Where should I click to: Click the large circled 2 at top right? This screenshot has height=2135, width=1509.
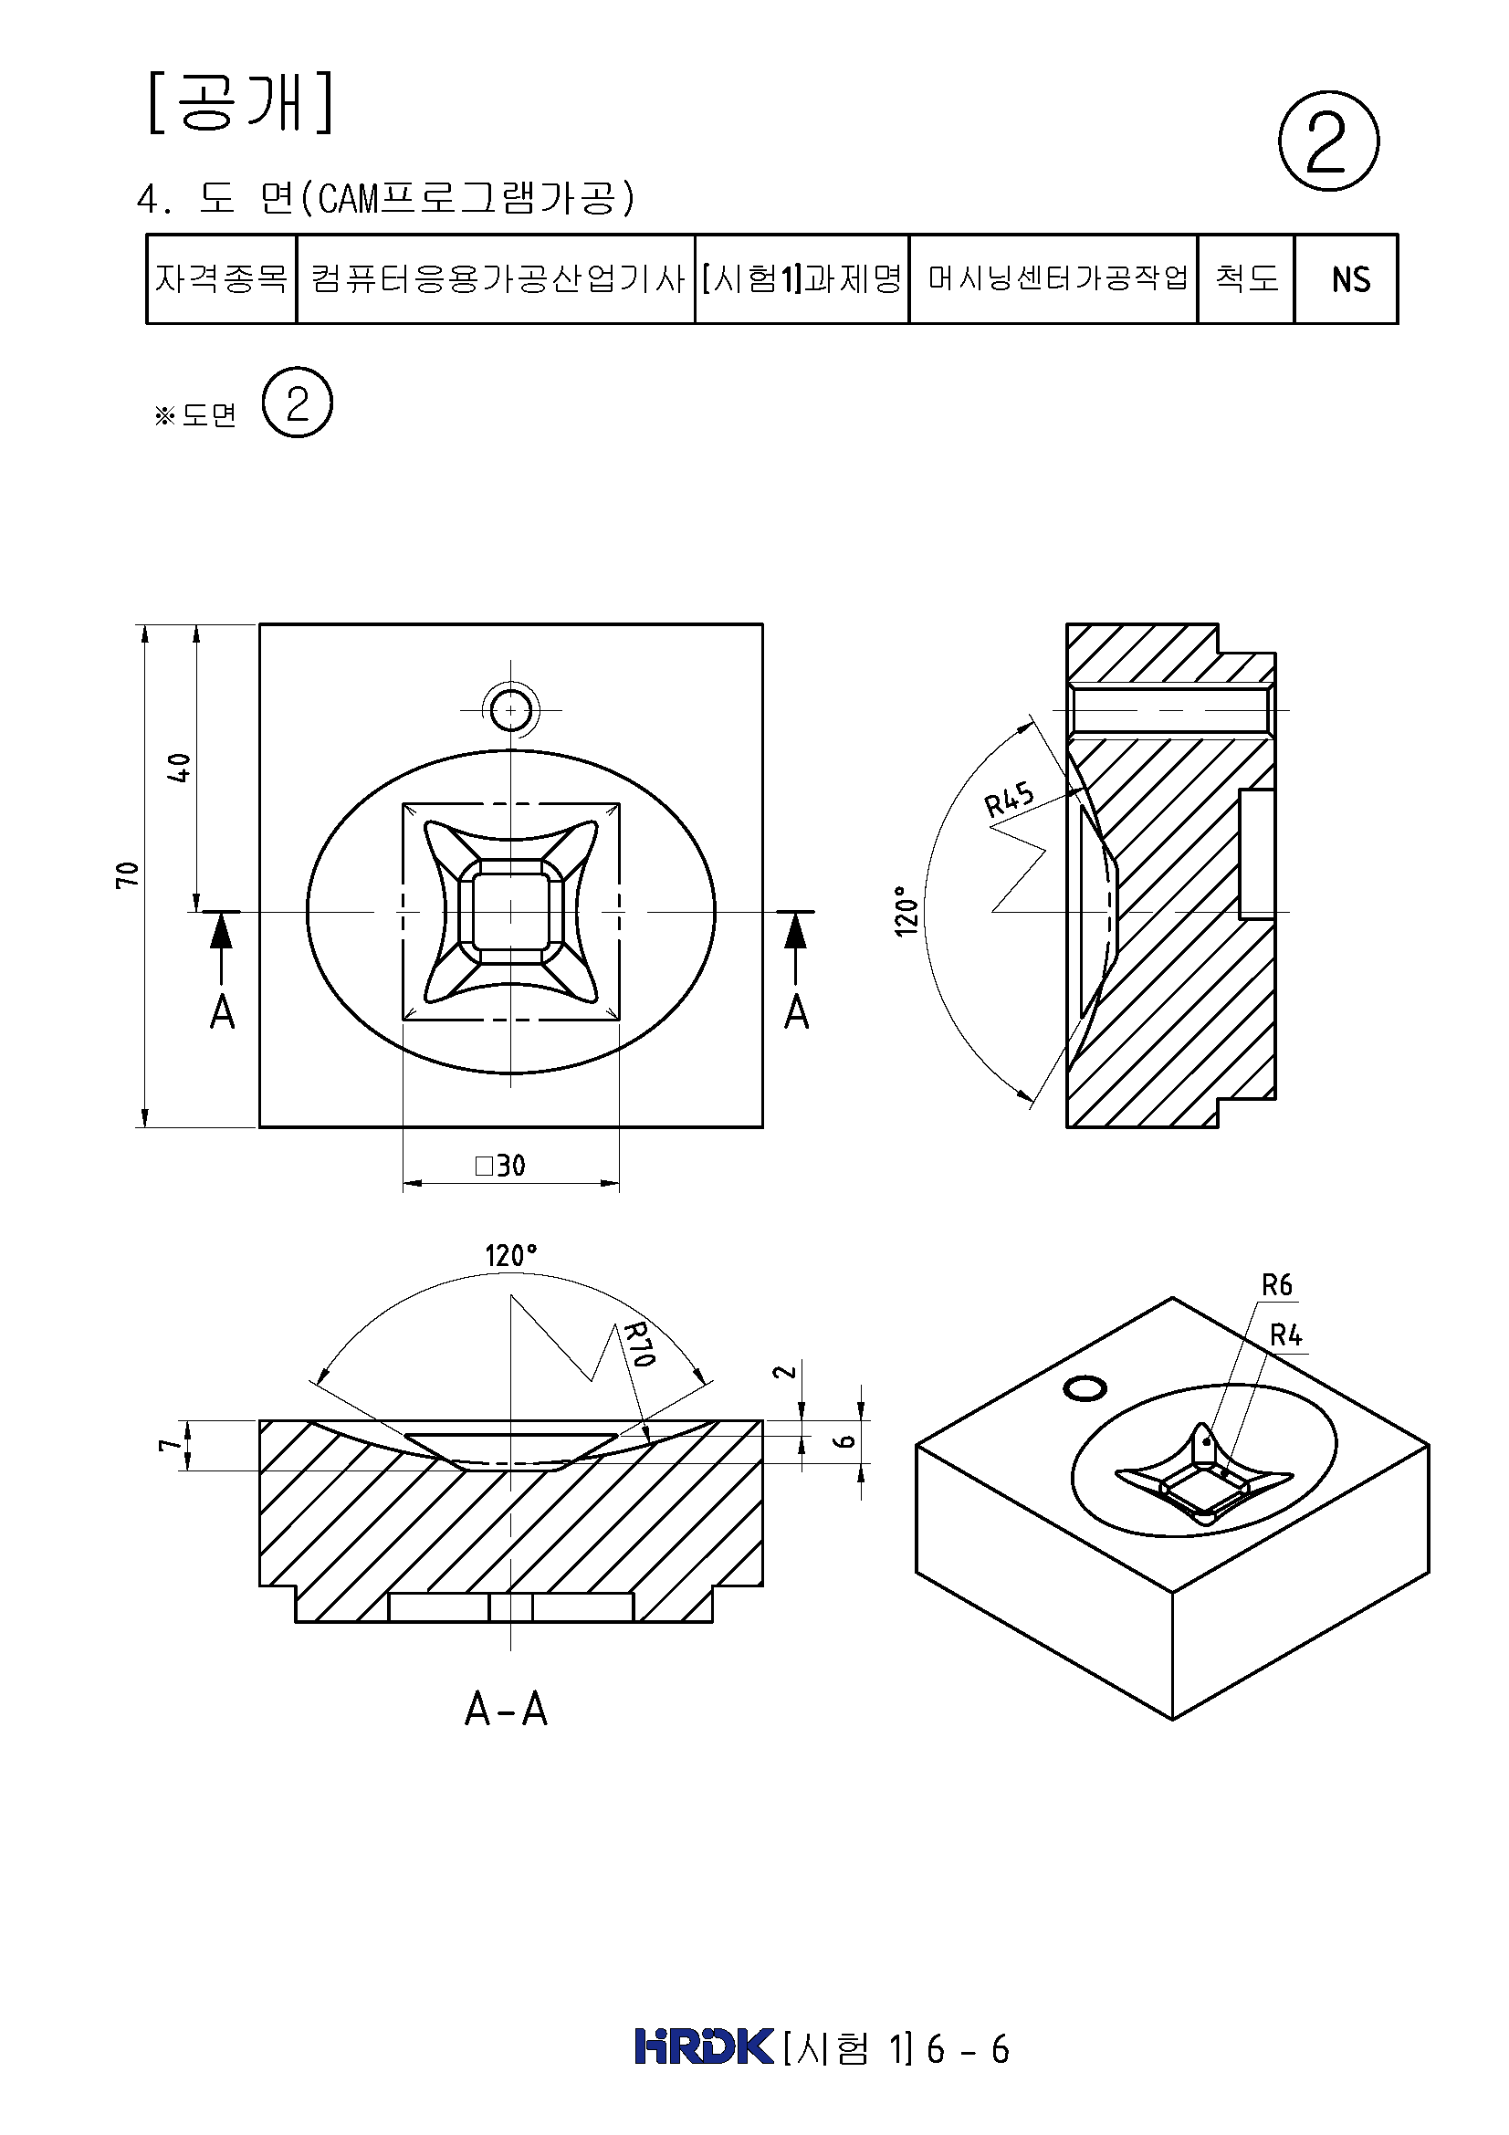coord(1327,141)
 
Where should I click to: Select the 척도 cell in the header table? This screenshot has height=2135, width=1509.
coord(1246,279)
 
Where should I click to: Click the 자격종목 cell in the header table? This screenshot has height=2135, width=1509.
coord(221,279)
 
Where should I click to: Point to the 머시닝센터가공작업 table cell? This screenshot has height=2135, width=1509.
coord(1053,279)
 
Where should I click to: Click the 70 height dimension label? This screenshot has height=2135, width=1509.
coord(127,874)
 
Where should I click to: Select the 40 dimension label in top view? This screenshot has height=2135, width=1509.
coord(179,767)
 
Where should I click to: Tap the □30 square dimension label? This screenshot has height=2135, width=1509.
coord(500,1165)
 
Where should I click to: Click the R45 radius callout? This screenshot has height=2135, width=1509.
coord(1009,799)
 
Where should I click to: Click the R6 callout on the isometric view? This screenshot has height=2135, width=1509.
coord(1276,1285)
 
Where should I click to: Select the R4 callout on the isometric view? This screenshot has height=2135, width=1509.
coord(1286,1336)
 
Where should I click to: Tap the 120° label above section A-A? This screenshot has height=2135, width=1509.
coord(510,1255)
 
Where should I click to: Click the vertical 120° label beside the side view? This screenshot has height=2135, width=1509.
coord(906,910)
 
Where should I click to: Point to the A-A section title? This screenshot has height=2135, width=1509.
coord(506,1708)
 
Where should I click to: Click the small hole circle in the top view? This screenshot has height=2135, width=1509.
coord(510,711)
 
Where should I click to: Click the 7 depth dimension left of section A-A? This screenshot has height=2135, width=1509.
coord(167,1444)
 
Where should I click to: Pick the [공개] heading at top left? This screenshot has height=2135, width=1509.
coord(240,102)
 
